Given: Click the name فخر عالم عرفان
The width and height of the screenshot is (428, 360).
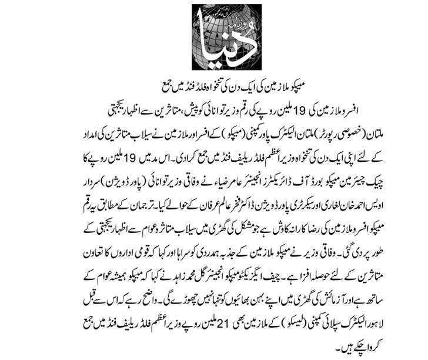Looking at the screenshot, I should tap(196, 189).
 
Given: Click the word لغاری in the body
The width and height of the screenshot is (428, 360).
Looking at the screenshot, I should tap(342, 189).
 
